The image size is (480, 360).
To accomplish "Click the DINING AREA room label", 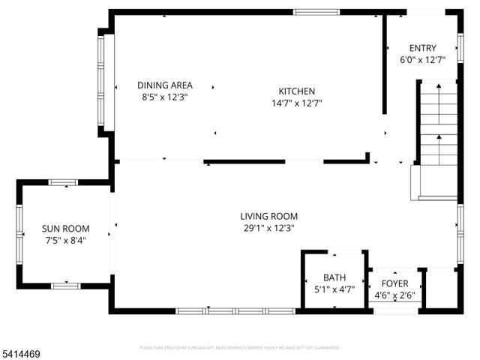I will [164, 85].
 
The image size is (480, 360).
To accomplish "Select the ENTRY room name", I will [422, 48].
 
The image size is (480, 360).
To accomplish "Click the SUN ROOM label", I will [65, 229].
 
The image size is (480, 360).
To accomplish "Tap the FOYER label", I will [394, 283].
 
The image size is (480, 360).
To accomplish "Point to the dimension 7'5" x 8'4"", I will [65, 240].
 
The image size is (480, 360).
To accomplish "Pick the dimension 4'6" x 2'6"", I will [394, 295].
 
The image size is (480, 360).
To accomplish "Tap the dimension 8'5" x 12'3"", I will [164, 97].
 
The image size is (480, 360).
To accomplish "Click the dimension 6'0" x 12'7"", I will [422, 59].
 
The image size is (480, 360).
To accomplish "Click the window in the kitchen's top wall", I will [310, 11].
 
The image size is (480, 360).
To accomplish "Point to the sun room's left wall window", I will [20, 232].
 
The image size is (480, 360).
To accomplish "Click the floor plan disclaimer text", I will [240, 347].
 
